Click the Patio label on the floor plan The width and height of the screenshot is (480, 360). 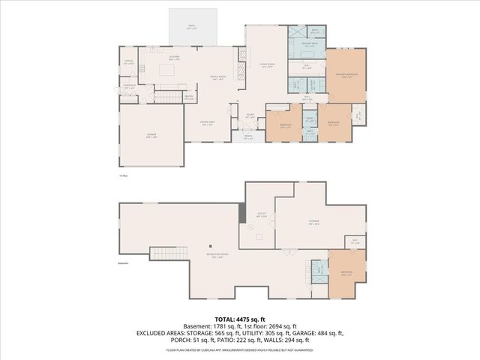192,26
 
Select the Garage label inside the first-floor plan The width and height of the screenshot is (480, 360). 152,136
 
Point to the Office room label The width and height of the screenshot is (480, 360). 129,62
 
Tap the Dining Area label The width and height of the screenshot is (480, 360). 208,124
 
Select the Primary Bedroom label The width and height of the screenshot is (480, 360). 346,76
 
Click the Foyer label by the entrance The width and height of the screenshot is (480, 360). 250,115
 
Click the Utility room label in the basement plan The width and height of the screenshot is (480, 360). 262,215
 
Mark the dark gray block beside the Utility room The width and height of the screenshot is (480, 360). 242,213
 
